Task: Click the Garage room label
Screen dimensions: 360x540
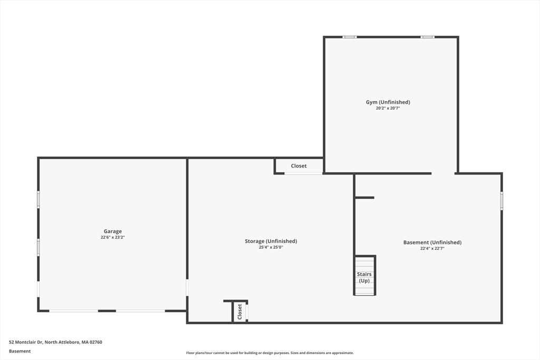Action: [112, 231]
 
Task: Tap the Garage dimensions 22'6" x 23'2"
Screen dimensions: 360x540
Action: [112, 237]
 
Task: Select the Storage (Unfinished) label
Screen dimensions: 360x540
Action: [271, 241]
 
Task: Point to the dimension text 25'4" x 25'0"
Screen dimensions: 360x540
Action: [271, 247]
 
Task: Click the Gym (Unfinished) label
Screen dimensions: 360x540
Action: [388, 102]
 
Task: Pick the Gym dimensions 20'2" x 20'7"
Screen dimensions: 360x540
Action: [388, 108]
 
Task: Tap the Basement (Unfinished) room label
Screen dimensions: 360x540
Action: [432, 242]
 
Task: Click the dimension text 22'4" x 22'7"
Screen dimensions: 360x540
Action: [432, 248]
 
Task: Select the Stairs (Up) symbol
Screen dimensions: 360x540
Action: [364, 276]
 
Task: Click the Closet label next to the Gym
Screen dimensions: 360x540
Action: [298, 166]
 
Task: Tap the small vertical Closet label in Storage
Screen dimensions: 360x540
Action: [240, 312]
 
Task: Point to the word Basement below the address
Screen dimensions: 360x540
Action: [20, 351]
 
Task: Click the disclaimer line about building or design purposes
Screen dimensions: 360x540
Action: [269, 353]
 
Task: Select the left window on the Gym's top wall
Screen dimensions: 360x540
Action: [349, 37]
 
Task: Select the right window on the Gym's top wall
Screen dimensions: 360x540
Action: [427, 37]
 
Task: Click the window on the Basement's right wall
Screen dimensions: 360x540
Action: [502, 201]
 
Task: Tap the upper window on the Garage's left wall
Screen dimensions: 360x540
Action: [38, 199]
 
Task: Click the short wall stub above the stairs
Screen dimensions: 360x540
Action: [364, 198]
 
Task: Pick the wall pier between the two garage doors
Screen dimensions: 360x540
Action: [107, 311]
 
